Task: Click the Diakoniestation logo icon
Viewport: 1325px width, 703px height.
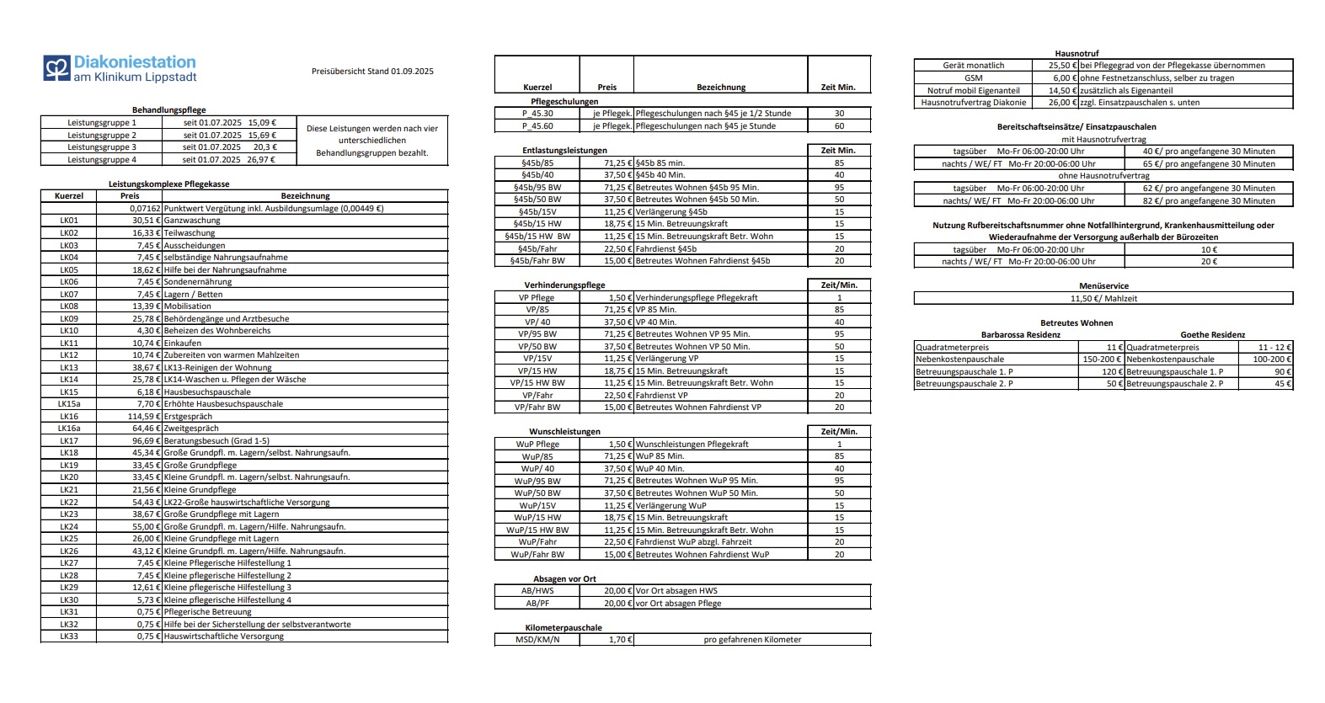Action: (x=56, y=68)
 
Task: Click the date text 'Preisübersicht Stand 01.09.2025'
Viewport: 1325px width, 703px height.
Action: (x=372, y=72)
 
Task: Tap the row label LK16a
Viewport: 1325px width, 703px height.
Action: (x=69, y=429)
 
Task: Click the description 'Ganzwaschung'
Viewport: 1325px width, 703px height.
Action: (x=192, y=221)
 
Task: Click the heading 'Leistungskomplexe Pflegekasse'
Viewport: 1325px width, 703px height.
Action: (x=168, y=184)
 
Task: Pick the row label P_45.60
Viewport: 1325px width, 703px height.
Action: (x=537, y=125)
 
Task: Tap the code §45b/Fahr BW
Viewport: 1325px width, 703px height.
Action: (x=537, y=261)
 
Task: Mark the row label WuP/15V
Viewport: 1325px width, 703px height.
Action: (x=537, y=506)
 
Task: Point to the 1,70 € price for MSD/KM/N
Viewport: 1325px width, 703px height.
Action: (x=619, y=640)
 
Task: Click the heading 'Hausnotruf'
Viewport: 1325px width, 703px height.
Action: (x=1077, y=53)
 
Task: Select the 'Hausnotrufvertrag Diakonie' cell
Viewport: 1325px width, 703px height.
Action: (x=973, y=103)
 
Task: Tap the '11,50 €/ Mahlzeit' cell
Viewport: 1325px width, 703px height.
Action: (x=1103, y=298)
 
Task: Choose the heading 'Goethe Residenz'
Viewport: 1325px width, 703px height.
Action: (x=1212, y=335)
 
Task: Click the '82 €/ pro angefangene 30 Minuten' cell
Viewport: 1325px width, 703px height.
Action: (x=1209, y=201)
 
